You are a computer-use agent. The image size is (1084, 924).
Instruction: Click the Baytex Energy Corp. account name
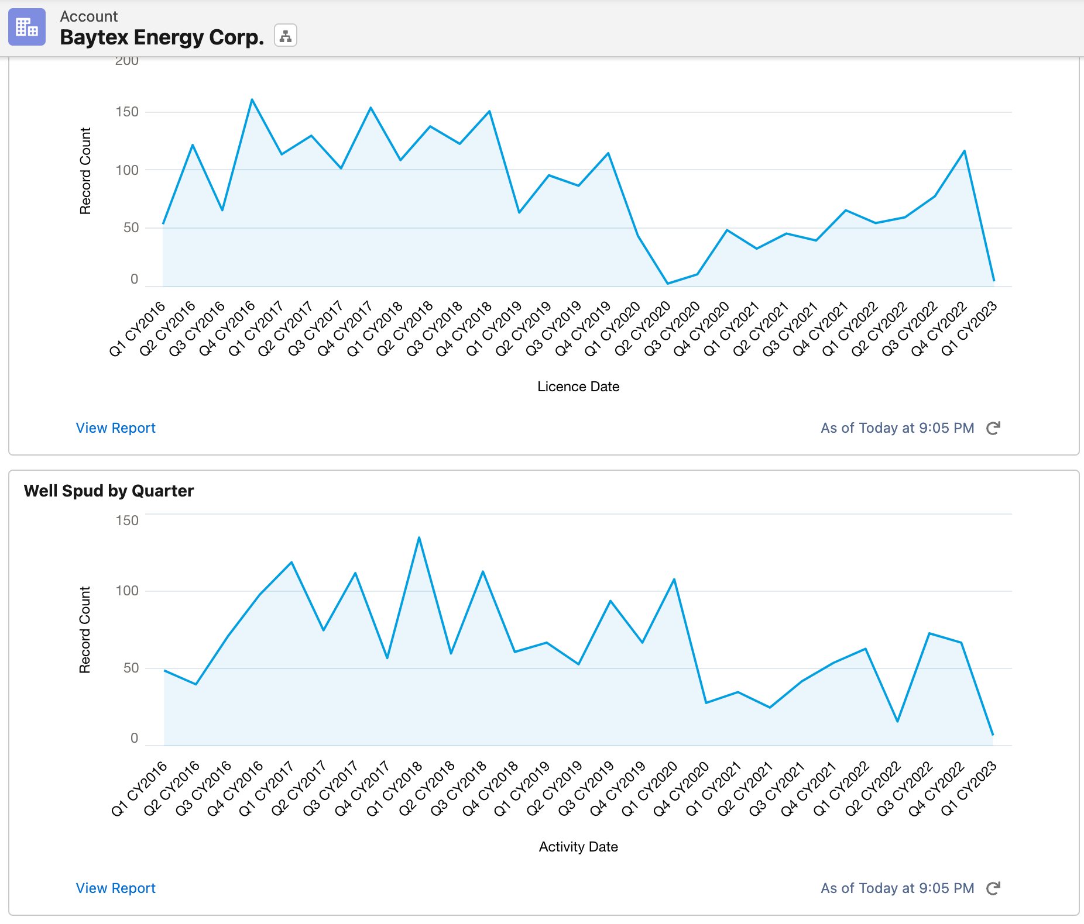click(x=162, y=37)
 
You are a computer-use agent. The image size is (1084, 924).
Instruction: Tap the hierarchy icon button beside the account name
click(x=286, y=36)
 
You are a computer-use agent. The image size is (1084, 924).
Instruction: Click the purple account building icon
click(x=27, y=27)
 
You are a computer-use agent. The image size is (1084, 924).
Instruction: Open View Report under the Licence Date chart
click(x=115, y=428)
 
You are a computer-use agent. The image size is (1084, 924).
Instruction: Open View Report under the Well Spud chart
click(x=115, y=888)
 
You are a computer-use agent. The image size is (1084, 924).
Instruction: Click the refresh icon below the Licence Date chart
click(x=993, y=428)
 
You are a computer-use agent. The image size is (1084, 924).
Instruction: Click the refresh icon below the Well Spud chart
click(x=993, y=888)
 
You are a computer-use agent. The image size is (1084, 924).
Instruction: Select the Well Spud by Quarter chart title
click(x=109, y=491)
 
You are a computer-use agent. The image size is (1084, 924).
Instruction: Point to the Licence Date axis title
click(x=578, y=387)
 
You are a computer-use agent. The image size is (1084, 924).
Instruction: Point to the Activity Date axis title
click(x=578, y=847)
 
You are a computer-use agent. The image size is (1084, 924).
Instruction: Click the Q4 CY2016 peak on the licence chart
click(x=252, y=100)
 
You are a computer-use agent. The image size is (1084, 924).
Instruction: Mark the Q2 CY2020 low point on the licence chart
click(x=668, y=284)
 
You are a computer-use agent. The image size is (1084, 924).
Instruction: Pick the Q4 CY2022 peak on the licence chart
click(x=965, y=151)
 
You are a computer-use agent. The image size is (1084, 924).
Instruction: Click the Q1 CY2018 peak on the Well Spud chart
click(x=419, y=537)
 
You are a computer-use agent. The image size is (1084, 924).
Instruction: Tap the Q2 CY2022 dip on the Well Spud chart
click(x=897, y=721)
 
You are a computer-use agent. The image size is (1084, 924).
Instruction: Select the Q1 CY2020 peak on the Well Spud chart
click(x=674, y=580)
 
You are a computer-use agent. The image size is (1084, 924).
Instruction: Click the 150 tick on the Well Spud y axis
click(x=127, y=520)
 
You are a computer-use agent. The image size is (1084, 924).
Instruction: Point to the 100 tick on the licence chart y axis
click(x=127, y=170)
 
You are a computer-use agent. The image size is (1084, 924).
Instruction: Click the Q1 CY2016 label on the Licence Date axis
click(x=138, y=328)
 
